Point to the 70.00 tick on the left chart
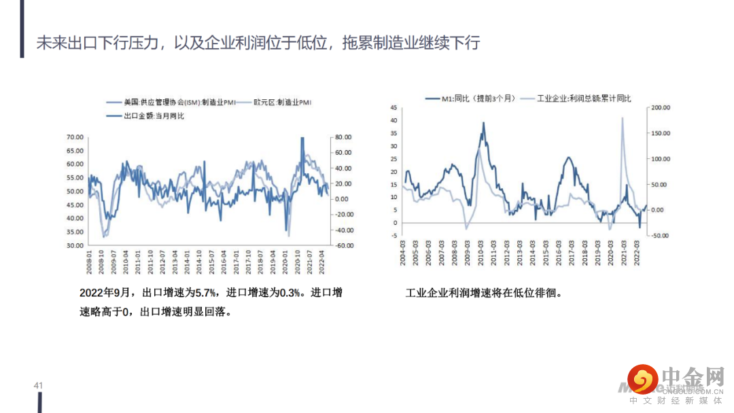pos(75,137)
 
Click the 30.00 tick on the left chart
pos(75,245)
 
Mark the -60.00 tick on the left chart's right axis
pos(340,245)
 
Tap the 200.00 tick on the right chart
pos(660,107)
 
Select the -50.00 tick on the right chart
pos(660,236)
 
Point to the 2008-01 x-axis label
pos(90,262)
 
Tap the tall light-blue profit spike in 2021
pos(623,120)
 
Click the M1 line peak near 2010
pos(484,124)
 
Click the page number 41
pos(38,386)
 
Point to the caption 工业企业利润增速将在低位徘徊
pos(483,293)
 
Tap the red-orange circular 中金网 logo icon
pos(643,380)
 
